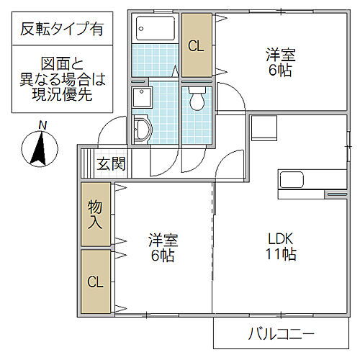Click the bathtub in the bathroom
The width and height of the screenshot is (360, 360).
click(x=155, y=29)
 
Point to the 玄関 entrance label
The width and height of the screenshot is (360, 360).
click(x=112, y=163)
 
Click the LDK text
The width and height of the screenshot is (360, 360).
click(x=281, y=238)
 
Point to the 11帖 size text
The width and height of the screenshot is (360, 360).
click(x=281, y=254)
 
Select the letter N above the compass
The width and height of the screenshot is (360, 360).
click(x=42, y=125)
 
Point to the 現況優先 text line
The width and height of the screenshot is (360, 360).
click(x=60, y=95)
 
